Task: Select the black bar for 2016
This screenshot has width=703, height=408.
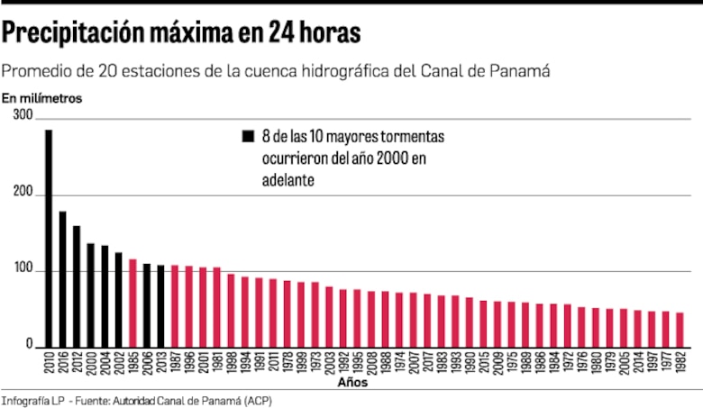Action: [x=62, y=279]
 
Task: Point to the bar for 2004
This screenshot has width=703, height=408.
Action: [x=105, y=296]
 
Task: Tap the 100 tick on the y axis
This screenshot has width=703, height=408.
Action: [x=23, y=271]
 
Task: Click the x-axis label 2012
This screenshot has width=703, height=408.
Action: [x=77, y=364]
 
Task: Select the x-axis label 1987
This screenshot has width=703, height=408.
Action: [x=175, y=364]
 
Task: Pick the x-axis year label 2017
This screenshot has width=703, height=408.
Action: [x=413, y=364]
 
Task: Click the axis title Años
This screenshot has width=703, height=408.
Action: [x=351, y=383]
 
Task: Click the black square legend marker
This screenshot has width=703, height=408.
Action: [x=248, y=137]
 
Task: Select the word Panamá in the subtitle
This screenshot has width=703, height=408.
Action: [x=519, y=70]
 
